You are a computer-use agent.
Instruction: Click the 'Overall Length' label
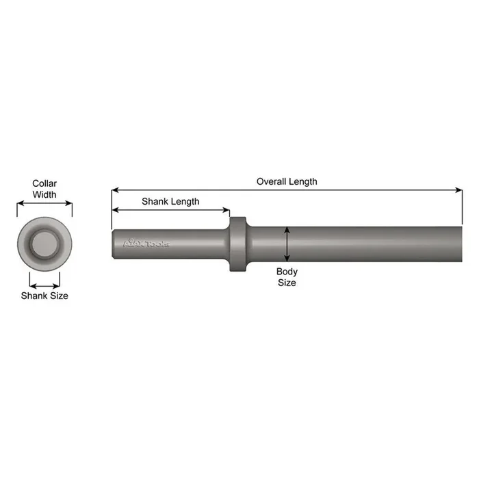click(x=287, y=181)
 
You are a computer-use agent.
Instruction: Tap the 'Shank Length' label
click(x=170, y=201)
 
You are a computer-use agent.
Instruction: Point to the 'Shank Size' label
click(x=44, y=296)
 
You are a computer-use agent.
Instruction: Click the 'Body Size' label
click(x=287, y=277)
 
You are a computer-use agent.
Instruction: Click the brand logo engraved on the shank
click(x=145, y=243)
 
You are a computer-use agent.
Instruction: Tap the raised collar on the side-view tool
click(x=237, y=245)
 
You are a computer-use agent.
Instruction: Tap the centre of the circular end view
click(x=44, y=244)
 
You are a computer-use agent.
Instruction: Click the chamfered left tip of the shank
click(x=115, y=244)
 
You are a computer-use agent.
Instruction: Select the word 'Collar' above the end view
click(x=44, y=183)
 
